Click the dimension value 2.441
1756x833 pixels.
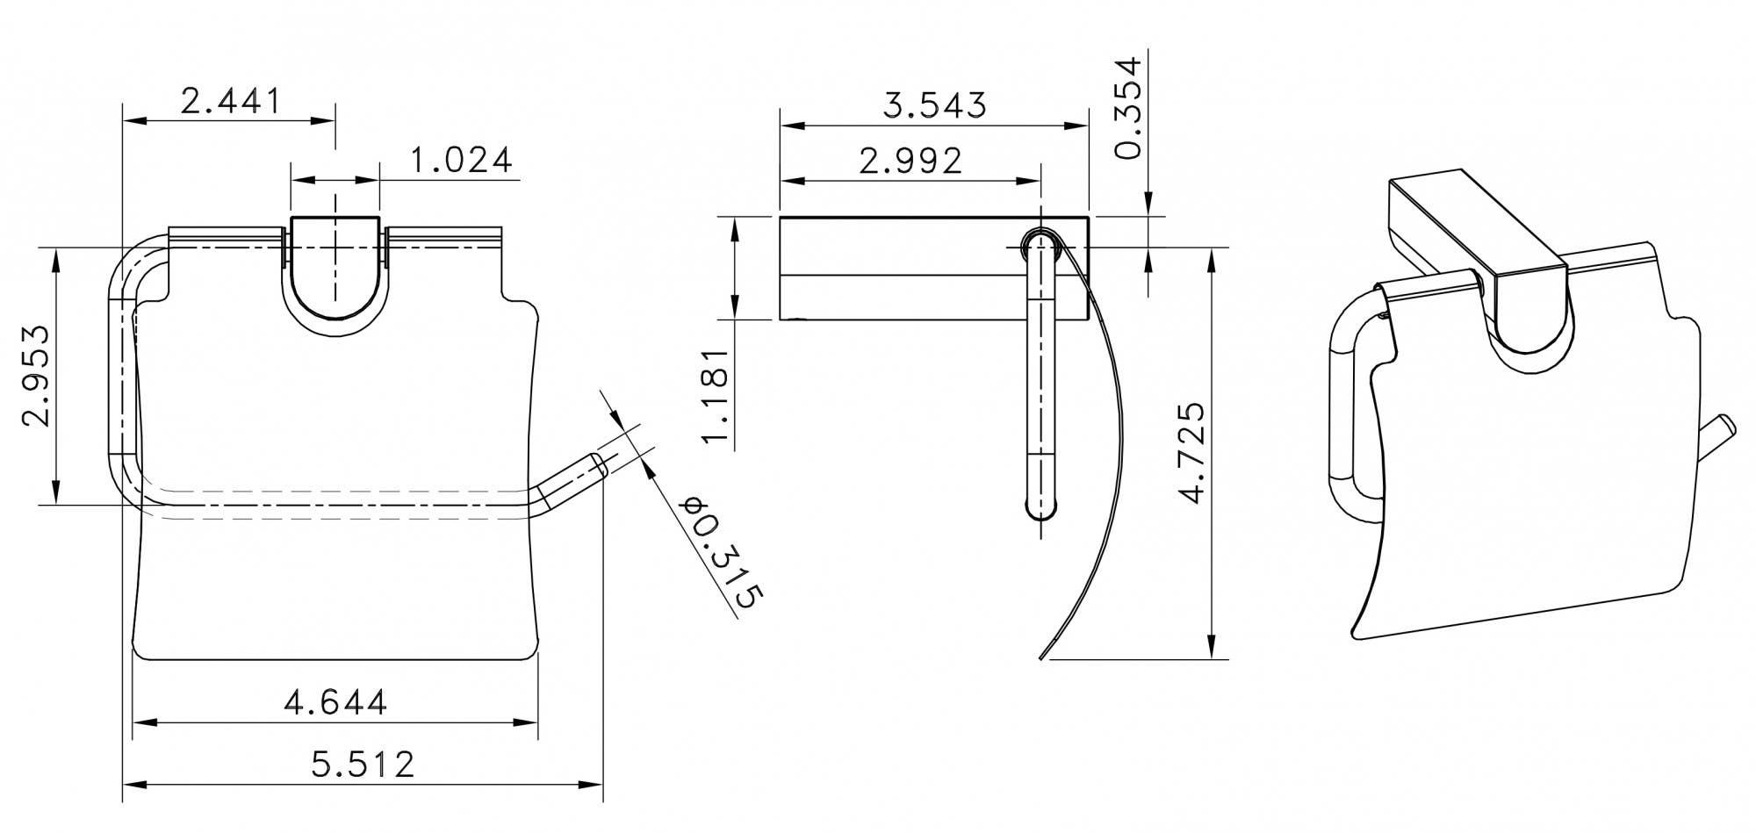pos(230,101)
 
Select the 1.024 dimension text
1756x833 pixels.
pos(461,160)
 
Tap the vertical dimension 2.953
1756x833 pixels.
pos(35,375)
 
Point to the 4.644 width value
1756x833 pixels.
pos(335,702)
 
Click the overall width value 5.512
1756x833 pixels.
pos(362,764)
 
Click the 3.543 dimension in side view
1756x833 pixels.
pos(934,105)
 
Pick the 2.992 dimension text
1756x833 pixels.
pos(910,161)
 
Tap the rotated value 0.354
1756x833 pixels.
pos(1127,107)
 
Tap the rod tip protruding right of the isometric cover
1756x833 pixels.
pos(1718,430)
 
